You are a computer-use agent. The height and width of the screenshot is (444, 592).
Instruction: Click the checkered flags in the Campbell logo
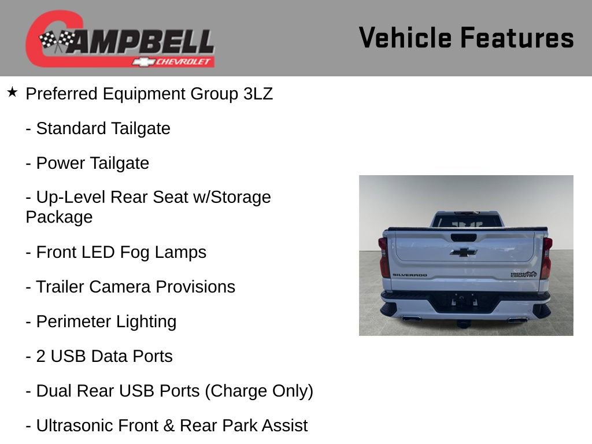[57, 40]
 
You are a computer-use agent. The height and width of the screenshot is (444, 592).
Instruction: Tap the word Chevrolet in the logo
[184, 62]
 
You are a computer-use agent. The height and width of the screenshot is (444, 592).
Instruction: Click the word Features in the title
[517, 38]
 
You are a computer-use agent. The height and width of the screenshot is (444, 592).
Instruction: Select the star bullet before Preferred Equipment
[13, 92]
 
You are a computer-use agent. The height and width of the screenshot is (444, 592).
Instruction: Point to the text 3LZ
[258, 94]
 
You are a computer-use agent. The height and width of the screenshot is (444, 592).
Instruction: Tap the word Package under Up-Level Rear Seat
[59, 217]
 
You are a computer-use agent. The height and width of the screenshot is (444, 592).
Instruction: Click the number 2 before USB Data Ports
[41, 356]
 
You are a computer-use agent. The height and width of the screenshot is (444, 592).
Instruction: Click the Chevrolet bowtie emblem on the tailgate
[464, 252]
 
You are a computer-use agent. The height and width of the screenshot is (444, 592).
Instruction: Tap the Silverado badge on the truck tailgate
[410, 275]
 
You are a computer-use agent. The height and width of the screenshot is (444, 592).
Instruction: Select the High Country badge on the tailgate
[523, 274]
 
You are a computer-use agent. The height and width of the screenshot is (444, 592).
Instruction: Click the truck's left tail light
[384, 257]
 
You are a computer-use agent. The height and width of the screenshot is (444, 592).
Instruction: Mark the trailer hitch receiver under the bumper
[464, 321]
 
